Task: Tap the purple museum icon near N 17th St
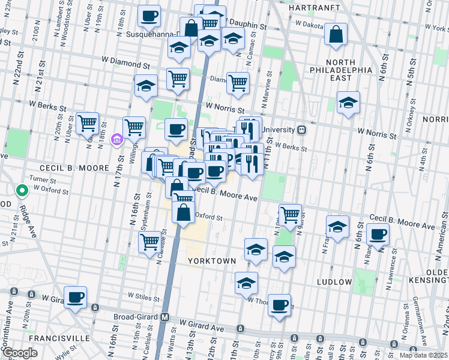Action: point(117,140)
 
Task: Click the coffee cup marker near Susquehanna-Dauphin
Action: point(149,16)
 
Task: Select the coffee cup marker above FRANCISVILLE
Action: point(76,297)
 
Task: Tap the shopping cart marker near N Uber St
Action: point(88,123)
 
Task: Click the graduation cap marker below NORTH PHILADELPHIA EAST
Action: point(348,102)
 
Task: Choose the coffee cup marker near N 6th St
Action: point(378,234)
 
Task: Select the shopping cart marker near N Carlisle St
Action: point(149,242)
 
